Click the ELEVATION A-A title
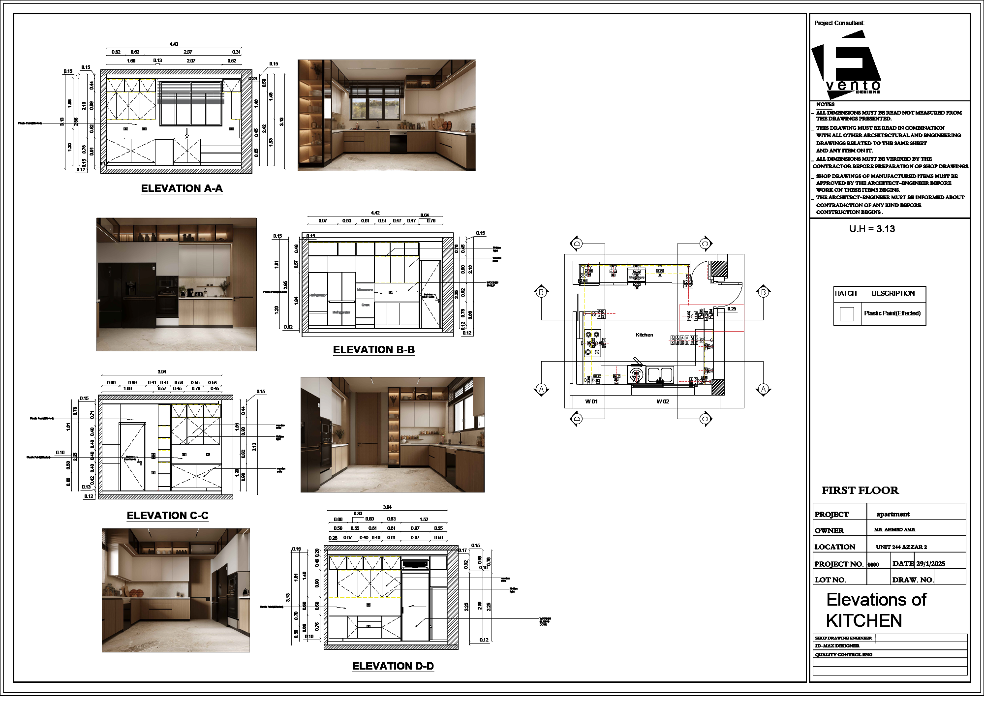pyautogui.click(x=182, y=188)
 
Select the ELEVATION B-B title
pyautogui.click(x=373, y=350)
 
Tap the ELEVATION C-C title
pyautogui.click(x=167, y=516)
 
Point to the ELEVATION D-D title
pyautogui.click(x=393, y=666)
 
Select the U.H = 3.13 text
pyautogui.click(x=872, y=229)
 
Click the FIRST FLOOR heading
pyautogui.click(x=860, y=491)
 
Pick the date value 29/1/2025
pyautogui.click(x=930, y=564)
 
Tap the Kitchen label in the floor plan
pyautogui.click(x=644, y=335)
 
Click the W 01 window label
pyautogui.click(x=591, y=401)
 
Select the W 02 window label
pyautogui.click(x=663, y=401)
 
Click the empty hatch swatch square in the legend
pyautogui.click(x=846, y=314)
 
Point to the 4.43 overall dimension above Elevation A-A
pyautogui.click(x=174, y=44)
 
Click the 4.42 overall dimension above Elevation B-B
pyautogui.click(x=375, y=213)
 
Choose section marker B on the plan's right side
pyautogui.click(x=763, y=292)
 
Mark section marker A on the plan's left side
pyautogui.click(x=541, y=389)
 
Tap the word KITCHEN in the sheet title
pyautogui.click(x=863, y=621)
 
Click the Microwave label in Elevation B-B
pyautogui.click(x=365, y=290)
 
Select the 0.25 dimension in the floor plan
pyautogui.click(x=732, y=309)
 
